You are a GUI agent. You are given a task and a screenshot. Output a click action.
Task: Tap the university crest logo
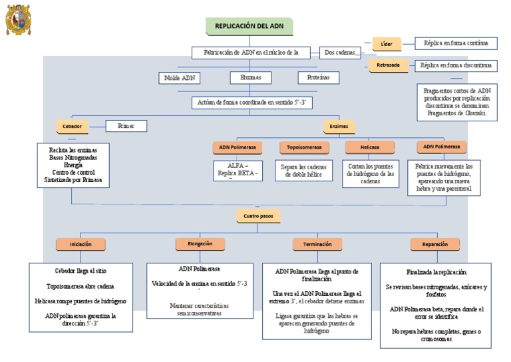(x=18, y=19)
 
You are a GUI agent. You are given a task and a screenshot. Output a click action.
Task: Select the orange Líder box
(x=387, y=44)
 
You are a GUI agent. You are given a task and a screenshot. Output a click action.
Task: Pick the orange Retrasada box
(x=389, y=65)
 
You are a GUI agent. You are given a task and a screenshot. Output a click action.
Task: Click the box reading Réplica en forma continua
(x=455, y=43)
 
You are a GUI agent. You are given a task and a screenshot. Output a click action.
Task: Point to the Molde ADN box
(x=179, y=78)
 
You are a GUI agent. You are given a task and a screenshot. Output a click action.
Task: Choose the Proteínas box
(x=318, y=78)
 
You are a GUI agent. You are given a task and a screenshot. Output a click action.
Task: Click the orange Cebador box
(x=72, y=126)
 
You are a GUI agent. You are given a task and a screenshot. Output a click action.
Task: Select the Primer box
(x=126, y=125)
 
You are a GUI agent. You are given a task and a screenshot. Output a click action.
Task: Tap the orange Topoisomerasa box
(x=304, y=147)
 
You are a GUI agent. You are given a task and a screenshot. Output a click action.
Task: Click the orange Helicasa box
(x=369, y=147)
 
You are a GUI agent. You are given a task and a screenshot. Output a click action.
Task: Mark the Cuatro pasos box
(x=258, y=216)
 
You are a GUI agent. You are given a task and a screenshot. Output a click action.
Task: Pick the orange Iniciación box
(x=81, y=244)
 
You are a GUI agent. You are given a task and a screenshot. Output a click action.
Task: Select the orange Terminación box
(x=317, y=244)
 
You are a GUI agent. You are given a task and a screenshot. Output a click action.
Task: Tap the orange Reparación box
(x=435, y=244)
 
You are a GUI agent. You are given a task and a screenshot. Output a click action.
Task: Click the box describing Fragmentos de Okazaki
(x=458, y=101)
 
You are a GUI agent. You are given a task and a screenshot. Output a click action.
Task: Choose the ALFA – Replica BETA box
(x=236, y=171)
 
